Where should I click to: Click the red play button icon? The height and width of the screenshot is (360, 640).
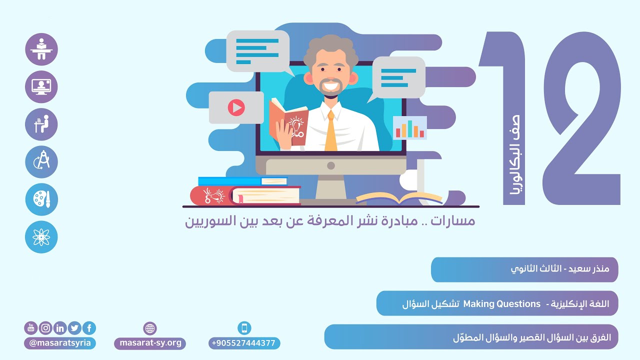pyautogui.click(x=236, y=107)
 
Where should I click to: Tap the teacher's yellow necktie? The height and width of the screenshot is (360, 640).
pyautogui.click(x=330, y=132)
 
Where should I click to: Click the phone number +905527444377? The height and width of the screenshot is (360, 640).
pyautogui.click(x=244, y=343)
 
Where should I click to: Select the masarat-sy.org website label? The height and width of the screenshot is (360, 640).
pyautogui.click(x=150, y=343)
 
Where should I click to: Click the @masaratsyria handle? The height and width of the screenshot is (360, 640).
pyautogui.click(x=60, y=343)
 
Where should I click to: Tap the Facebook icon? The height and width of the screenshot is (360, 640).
pyautogui.click(x=89, y=328)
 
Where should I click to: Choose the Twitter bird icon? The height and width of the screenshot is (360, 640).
pyautogui.click(x=75, y=328)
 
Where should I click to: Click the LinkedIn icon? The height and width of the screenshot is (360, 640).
pyautogui.click(x=60, y=328)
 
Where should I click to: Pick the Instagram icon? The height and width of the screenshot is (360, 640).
pyautogui.click(x=46, y=328)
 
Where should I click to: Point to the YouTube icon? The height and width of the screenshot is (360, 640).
pyautogui.click(x=31, y=328)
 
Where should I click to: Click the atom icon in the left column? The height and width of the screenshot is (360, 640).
pyautogui.click(x=41, y=237)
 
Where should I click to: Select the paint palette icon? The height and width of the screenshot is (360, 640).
pyautogui.click(x=41, y=199)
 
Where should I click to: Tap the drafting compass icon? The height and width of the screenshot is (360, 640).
pyautogui.click(x=41, y=162)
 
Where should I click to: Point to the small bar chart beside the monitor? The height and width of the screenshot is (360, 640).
pyautogui.click(x=410, y=128)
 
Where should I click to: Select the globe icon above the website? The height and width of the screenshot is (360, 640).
pyautogui.click(x=150, y=328)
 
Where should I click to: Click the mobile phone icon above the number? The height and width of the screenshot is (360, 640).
pyautogui.click(x=244, y=328)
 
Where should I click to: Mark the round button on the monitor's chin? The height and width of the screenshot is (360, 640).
pyautogui.click(x=330, y=165)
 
